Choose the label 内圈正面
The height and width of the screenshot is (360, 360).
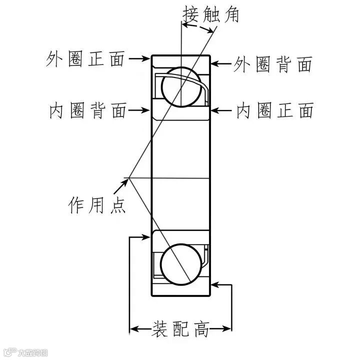274,110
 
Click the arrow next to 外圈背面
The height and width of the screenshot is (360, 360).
221,64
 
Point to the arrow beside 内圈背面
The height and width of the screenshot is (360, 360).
139,110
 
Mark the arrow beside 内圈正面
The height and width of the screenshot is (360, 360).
221,110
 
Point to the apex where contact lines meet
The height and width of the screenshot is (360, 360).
129,178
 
